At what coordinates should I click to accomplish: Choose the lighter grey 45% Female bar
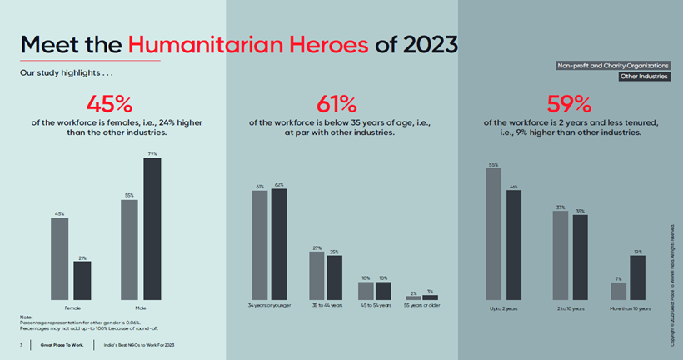pos(60,258)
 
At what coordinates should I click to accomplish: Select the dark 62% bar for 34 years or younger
pos(278,244)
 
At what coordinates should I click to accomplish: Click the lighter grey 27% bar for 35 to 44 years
pos(317,275)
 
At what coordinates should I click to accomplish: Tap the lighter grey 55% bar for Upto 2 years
pos(494,233)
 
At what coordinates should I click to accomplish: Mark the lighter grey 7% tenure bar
pos(618,291)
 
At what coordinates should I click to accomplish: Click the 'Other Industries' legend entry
pos(644,77)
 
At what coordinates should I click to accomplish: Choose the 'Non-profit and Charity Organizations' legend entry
pos(613,65)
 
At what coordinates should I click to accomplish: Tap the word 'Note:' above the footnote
pos(26,317)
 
